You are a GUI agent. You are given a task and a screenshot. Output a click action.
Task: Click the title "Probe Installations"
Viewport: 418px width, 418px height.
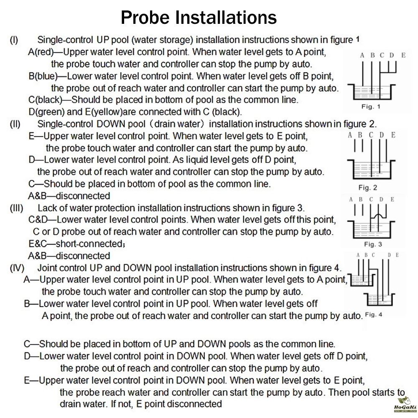199,18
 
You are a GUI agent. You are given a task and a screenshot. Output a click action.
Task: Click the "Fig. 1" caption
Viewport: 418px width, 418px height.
371,107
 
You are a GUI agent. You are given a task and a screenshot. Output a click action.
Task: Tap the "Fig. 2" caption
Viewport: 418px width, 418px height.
367,187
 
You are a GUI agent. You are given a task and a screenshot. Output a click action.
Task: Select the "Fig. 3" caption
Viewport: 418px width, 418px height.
373,244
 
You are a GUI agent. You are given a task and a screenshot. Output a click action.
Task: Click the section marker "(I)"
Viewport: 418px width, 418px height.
14,41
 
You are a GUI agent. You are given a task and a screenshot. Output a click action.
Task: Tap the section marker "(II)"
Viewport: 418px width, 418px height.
15,124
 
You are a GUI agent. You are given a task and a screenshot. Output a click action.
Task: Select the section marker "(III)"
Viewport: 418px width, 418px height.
17,208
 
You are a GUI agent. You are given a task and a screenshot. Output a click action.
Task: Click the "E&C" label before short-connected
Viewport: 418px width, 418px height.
38,244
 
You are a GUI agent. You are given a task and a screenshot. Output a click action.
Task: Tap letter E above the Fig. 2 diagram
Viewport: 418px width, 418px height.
393,135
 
